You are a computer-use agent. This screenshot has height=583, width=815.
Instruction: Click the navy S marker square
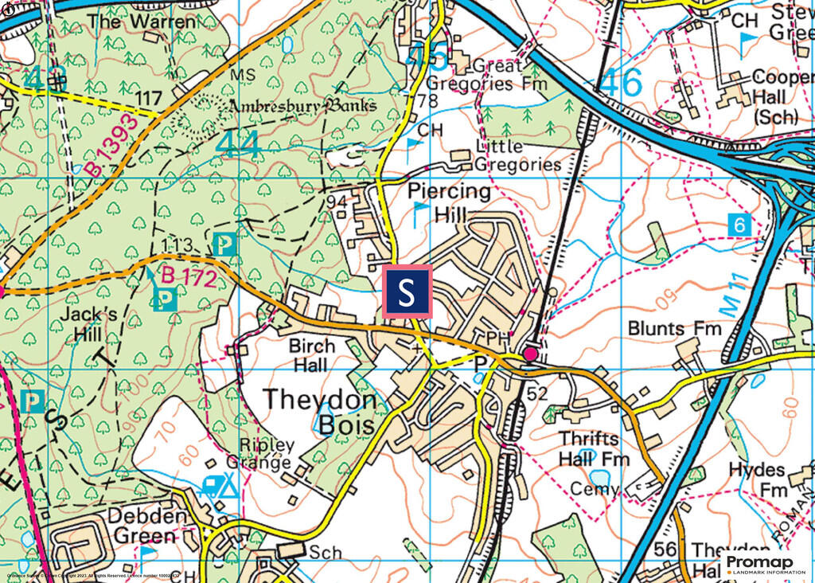point(408,292)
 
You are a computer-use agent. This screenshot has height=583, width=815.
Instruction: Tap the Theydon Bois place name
point(318,412)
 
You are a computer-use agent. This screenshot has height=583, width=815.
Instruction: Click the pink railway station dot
point(530,354)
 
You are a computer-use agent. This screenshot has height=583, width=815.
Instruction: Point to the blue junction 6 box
point(740,225)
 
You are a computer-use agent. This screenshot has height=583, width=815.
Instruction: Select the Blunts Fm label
point(674,328)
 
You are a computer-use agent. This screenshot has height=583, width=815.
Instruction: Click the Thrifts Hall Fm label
point(593,449)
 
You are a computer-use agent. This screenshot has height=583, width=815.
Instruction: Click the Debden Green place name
point(150,525)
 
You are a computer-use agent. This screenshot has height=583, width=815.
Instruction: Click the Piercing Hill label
point(449,202)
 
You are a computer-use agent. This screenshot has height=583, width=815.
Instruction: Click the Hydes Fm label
point(758,479)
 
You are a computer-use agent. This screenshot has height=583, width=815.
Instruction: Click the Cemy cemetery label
point(595,489)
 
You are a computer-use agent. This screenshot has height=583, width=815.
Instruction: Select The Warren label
point(141,21)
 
